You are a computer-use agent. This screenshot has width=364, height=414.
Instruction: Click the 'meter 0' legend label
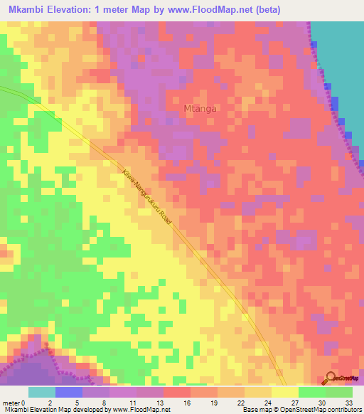(x=14, y=402)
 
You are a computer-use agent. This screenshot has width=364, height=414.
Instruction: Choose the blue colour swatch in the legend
(x=69, y=392)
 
